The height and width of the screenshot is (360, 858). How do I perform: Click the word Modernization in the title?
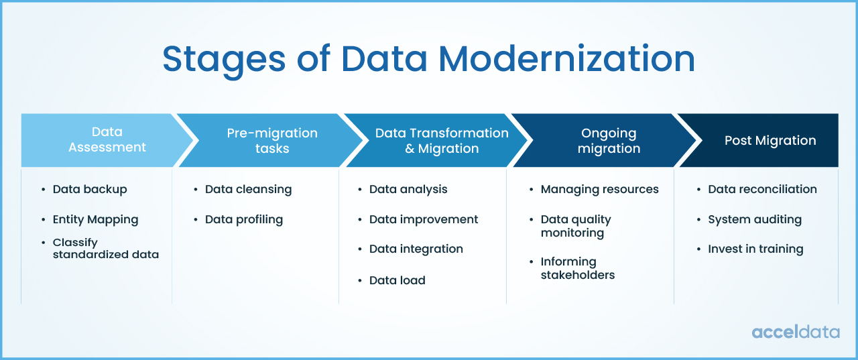(x=567, y=59)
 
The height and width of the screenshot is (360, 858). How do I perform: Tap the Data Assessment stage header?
(x=107, y=139)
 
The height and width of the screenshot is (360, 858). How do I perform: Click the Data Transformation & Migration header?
(x=442, y=140)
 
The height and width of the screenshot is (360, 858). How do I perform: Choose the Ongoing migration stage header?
(x=609, y=140)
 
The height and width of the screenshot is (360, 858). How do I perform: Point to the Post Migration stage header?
(x=770, y=140)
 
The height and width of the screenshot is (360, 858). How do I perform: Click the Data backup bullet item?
(x=90, y=189)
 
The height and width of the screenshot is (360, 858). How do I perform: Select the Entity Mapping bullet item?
(x=95, y=219)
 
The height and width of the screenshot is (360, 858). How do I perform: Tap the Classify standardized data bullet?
(x=105, y=248)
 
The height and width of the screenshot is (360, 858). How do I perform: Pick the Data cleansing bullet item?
(x=248, y=189)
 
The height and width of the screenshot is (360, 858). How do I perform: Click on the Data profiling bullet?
(x=243, y=219)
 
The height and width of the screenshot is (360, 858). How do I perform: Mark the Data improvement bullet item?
(x=423, y=219)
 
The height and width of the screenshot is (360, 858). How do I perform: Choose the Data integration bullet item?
(x=416, y=249)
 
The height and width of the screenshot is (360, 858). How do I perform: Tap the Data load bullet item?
(x=397, y=280)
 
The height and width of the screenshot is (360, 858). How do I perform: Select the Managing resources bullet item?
(x=599, y=189)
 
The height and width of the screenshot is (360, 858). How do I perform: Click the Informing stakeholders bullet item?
(x=577, y=268)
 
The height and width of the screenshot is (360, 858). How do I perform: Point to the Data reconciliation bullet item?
(x=762, y=189)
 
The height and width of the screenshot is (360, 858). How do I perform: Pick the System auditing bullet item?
(x=754, y=219)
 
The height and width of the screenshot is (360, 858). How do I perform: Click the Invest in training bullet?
(x=755, y=249)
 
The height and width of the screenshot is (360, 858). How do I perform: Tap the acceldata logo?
(x=795, y=332)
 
